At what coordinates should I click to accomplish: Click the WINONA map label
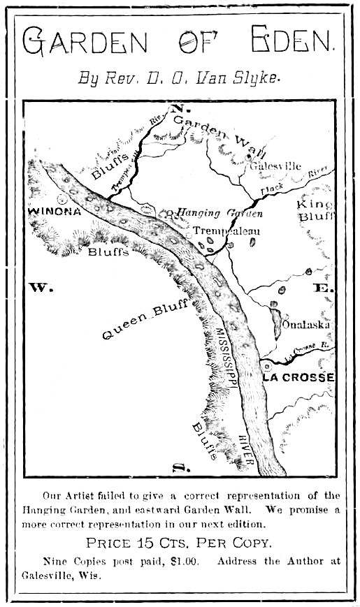point(54,210)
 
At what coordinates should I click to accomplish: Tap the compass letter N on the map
point(180,108)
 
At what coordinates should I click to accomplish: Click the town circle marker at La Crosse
point(267,365)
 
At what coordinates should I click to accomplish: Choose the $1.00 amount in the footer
point(188,560)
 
